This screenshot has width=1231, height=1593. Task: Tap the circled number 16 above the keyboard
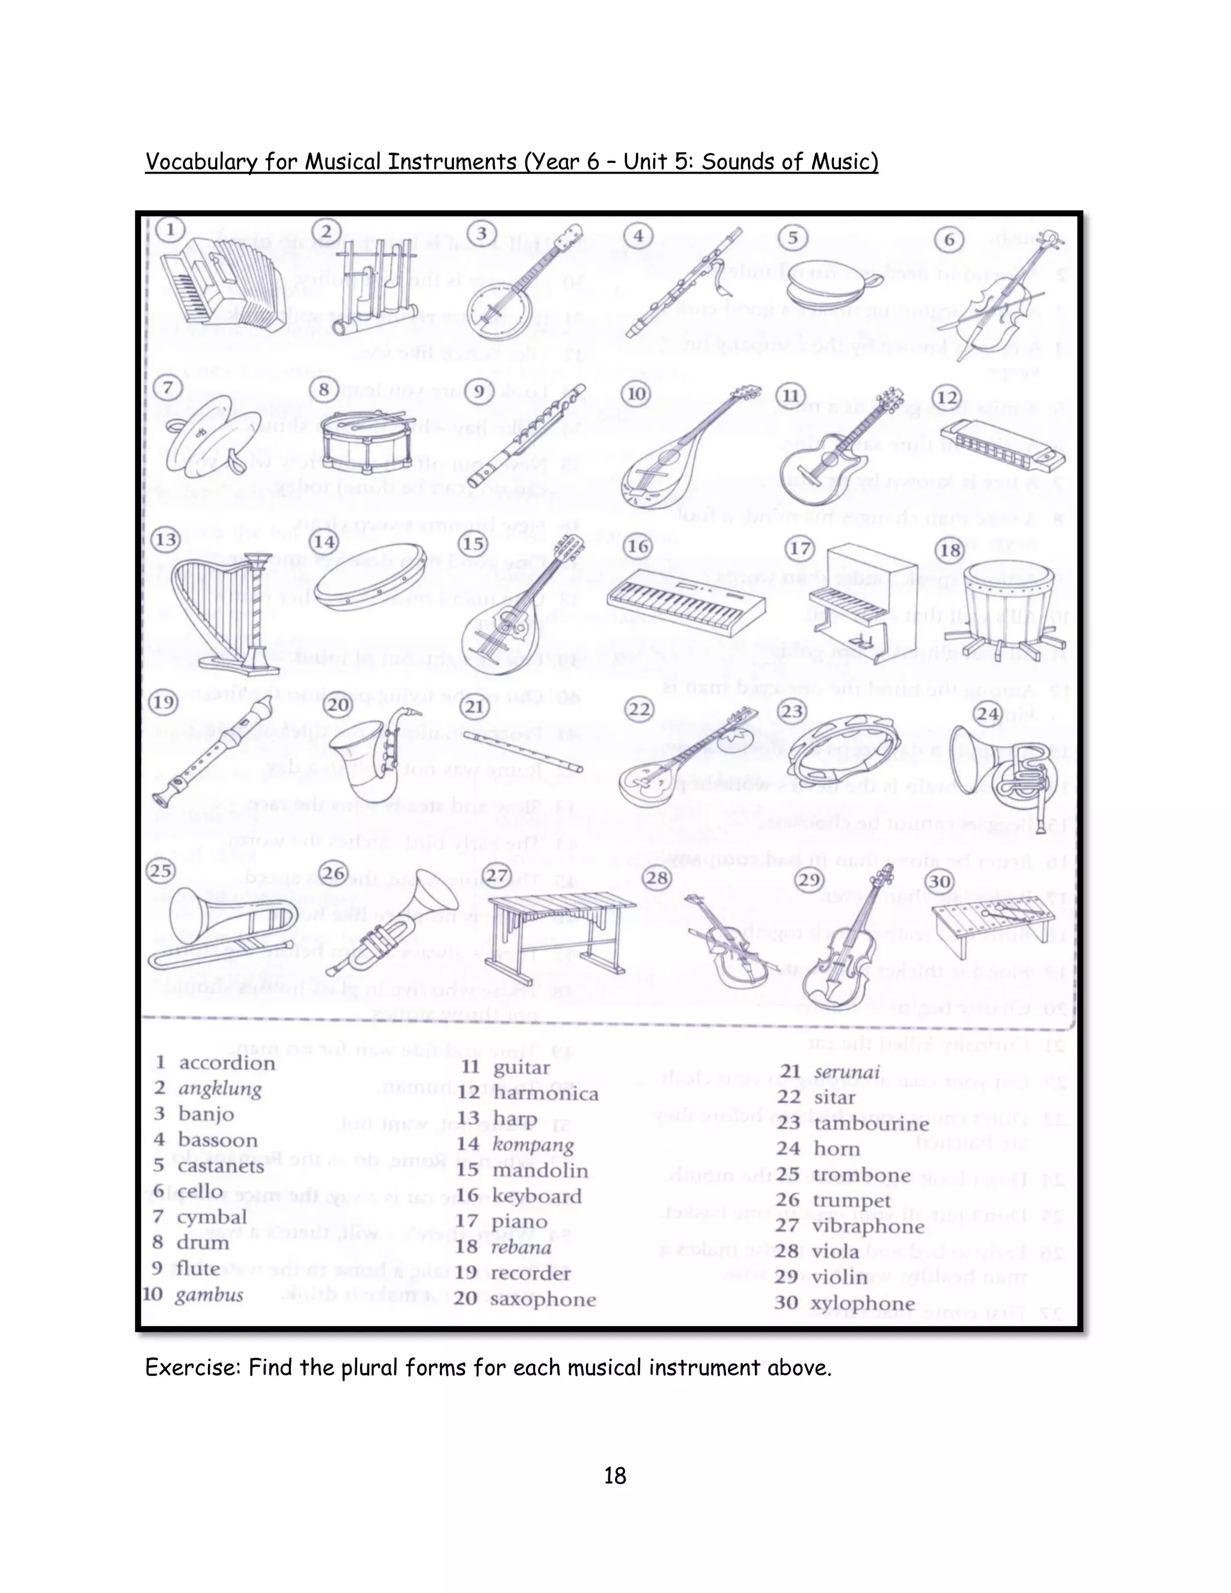pos(639,546)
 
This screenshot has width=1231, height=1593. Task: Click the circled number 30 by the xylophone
pos(940,882)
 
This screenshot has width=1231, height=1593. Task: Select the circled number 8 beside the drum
pos(325,390)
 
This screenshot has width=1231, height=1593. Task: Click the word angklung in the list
pos(219,1089)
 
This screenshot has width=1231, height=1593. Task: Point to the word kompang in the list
pos(533,1145)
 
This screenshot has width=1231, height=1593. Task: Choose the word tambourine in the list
pos(871,1124)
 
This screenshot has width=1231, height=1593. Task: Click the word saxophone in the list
pos(543,1299)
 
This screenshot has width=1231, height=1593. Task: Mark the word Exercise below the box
pos(192,1368)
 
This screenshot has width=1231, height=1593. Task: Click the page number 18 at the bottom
pos(615,1476)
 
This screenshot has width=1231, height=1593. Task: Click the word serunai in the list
pos(847,1072)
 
